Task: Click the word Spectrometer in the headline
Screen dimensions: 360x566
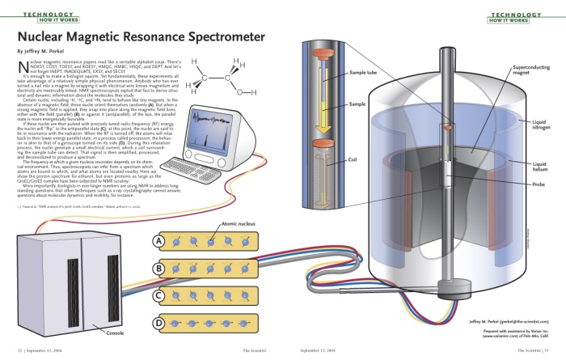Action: pyautogui.click(x=221, y=37)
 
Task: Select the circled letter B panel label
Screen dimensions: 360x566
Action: pyautogui.click(x=160, y=269)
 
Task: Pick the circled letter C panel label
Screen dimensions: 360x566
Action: pyautogui.click(x=160, y=295)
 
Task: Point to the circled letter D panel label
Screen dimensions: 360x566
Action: pyautogui.click(x=160, y=323)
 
